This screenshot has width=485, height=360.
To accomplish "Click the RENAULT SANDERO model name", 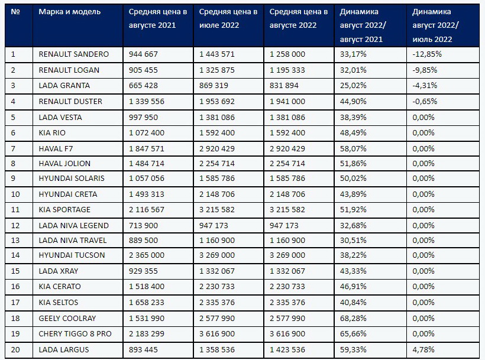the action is (x=73, y=54).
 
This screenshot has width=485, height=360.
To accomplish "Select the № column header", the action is (x=15, y=12).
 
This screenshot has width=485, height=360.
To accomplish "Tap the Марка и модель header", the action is (x=70, y=12).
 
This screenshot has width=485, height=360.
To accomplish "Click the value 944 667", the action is (x=143, y=54).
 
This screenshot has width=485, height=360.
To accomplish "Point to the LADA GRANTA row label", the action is (x=64, y=86).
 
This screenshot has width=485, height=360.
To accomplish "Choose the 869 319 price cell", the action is (x=214, y=86).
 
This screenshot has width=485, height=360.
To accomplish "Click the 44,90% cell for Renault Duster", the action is (x=353, y=101).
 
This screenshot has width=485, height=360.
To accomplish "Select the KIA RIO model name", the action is (x=52, y=133).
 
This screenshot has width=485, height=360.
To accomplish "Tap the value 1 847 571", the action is (x=147, y=148).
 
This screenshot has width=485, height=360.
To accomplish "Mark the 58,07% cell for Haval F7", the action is (x=353, y=148).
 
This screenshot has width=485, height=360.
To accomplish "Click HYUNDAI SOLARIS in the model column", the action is (x=72, y=179).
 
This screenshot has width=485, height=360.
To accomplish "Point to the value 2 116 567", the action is (x=147, y=209).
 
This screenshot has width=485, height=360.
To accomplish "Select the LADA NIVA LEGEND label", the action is (x=73, y=226).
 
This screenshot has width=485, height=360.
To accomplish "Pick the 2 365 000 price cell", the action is (x=147, y=255).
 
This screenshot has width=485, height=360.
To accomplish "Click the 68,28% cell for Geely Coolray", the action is (x=353, y=318).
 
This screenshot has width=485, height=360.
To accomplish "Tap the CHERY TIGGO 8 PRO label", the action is (x=75, y=334).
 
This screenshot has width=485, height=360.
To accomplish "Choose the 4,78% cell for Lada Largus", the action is (x=423, y=350).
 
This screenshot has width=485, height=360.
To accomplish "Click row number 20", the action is (x=15, y=350).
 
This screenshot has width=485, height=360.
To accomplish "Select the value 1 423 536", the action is (x=287, y=350).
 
